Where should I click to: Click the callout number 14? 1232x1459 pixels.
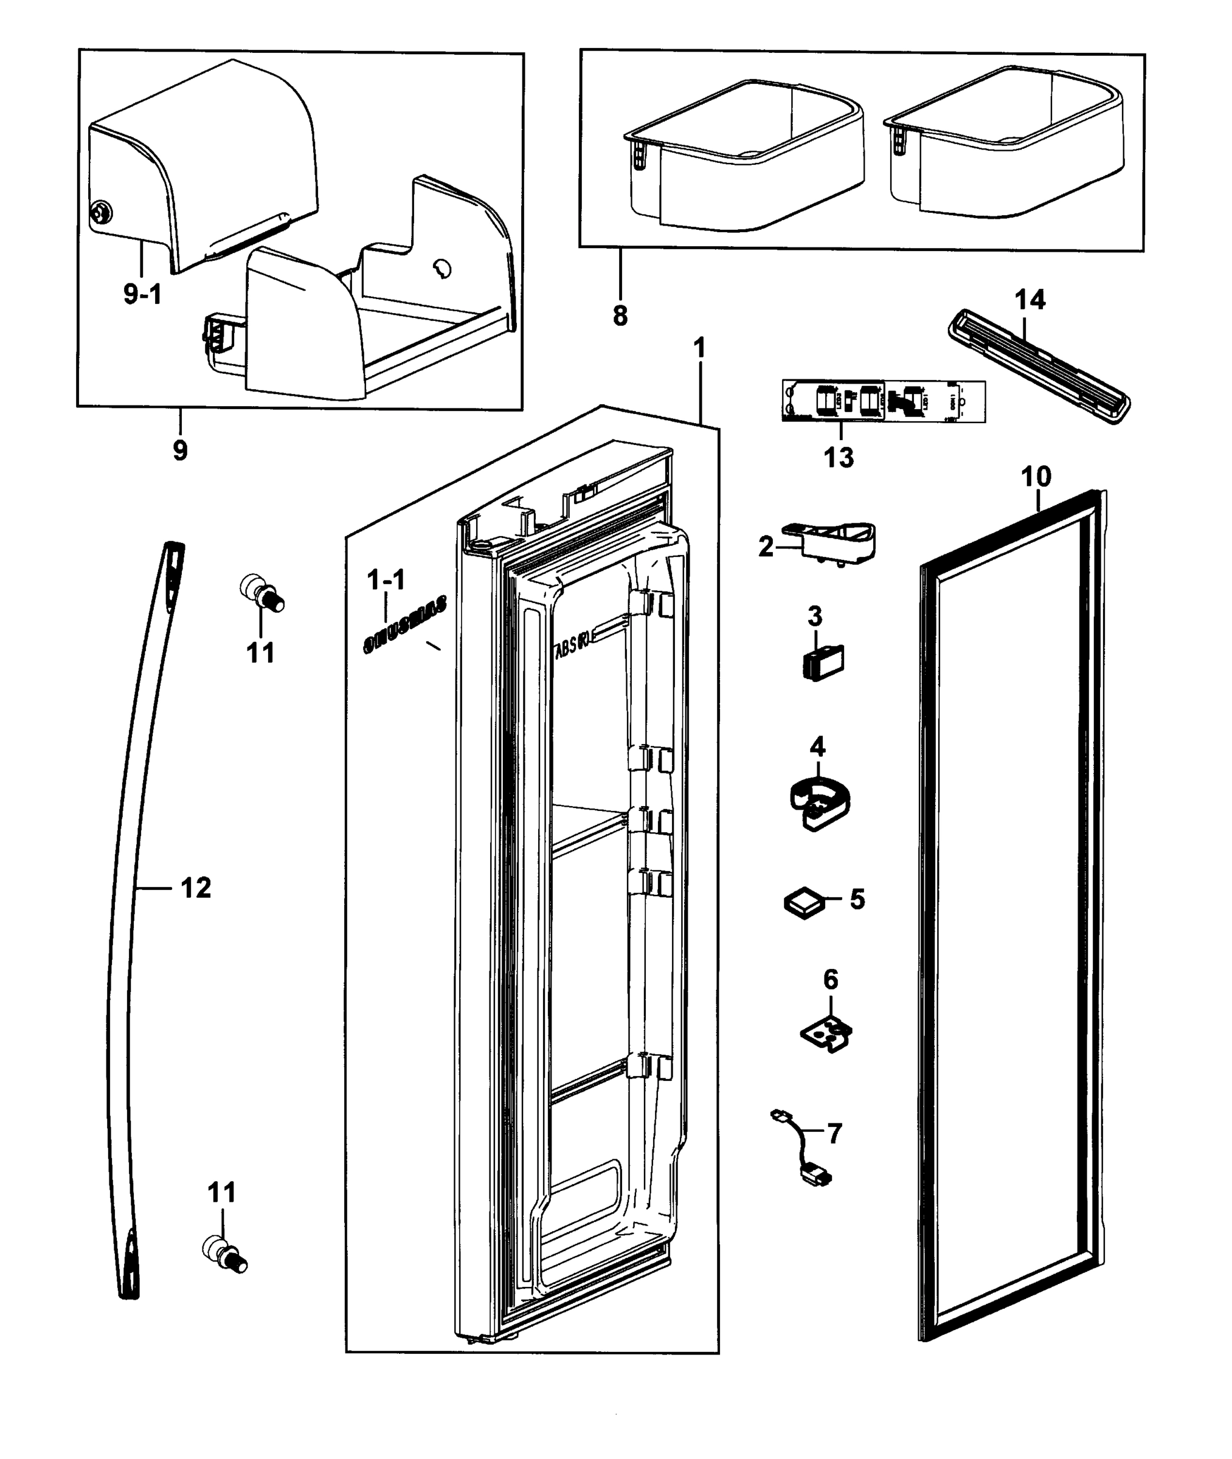pos(1030,300)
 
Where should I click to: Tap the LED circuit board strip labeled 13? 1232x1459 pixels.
pos(884,401)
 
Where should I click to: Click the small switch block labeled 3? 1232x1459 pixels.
pos(823,660)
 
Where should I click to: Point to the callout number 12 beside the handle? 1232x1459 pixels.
pos(196,888)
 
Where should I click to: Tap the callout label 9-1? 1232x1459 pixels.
pos(142,295)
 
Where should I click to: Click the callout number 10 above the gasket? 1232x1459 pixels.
pos(1036,477)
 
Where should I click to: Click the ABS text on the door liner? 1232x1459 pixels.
pos(572,646)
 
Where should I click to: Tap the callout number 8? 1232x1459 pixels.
pos(620,316)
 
